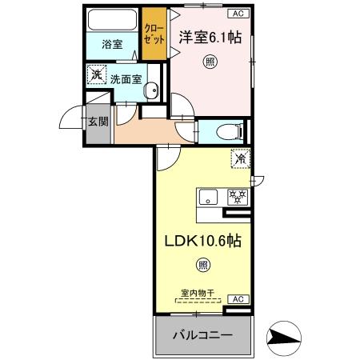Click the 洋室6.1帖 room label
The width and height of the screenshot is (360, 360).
click(x=211, y=36)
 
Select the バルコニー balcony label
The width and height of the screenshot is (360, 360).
click(x=204, y=335)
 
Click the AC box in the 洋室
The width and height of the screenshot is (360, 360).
click(x=238, y=13)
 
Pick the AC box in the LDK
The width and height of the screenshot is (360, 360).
click(x=238, y=298)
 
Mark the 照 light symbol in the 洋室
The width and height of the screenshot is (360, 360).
click(x=209, y=61)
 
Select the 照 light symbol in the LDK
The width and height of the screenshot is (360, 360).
click(x=203, y=265)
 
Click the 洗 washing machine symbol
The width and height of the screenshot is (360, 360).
click(x=97, y=75)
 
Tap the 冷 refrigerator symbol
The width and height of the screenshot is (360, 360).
click(x=239, y=158)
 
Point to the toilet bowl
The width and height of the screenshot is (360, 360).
click(x=227, y=130)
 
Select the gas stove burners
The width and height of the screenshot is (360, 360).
click(x=238, y=196)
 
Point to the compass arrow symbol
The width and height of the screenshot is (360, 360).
click(x=284, y=337)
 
